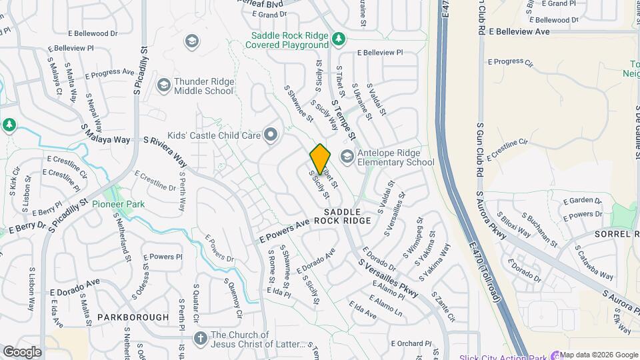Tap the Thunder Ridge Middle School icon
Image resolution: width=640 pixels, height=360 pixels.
[163, 85]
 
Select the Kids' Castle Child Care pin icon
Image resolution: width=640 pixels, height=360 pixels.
[271, 135]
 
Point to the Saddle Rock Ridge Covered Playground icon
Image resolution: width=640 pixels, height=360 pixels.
[339, 39]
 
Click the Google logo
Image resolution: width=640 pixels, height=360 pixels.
[22, 351]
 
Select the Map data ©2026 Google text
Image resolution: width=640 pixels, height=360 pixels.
[598, 355]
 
